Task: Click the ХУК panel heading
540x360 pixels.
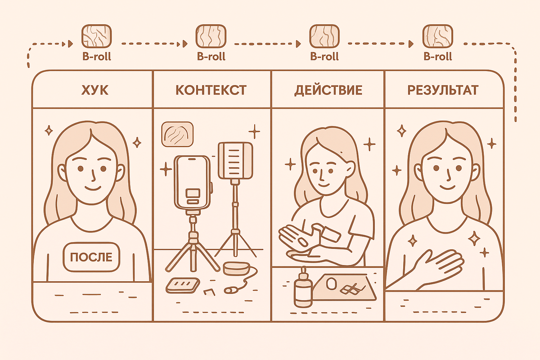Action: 95,90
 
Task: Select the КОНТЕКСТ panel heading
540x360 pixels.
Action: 211,90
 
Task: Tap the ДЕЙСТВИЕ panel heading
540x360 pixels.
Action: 328,90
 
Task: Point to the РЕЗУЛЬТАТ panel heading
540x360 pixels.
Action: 443,90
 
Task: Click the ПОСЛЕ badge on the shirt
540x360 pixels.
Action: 91,257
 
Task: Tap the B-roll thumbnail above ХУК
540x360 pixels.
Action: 96,36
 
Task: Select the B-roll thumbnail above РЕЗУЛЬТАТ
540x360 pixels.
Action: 437,36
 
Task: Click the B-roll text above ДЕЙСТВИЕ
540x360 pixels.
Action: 324,56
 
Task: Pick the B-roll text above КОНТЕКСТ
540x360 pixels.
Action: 211,56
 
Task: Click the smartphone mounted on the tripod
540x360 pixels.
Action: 193,183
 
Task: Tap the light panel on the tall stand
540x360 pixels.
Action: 235,161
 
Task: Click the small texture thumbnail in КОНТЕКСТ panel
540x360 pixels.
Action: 177,134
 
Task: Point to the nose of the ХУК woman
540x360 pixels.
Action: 93,176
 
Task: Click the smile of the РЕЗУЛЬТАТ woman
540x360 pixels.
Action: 448,187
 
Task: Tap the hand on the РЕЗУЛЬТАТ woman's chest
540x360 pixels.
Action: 434,265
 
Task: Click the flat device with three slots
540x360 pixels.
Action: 183,285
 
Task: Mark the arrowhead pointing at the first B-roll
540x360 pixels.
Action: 70,44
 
